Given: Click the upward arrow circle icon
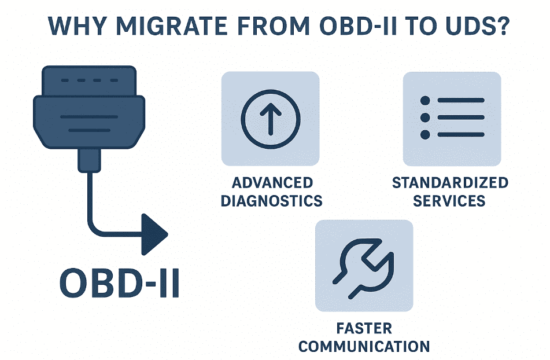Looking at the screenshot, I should point(270,119).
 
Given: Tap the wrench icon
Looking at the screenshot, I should point(364,266).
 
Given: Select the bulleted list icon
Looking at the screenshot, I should point(452,118).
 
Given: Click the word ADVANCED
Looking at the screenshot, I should point(272,183).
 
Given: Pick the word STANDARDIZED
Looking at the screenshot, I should point(450,183).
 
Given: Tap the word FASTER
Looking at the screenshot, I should point(364,329).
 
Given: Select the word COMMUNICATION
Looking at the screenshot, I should point(364,347).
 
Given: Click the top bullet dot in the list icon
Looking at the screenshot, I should point(426,101).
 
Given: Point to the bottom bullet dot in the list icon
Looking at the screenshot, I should point(426,135).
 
